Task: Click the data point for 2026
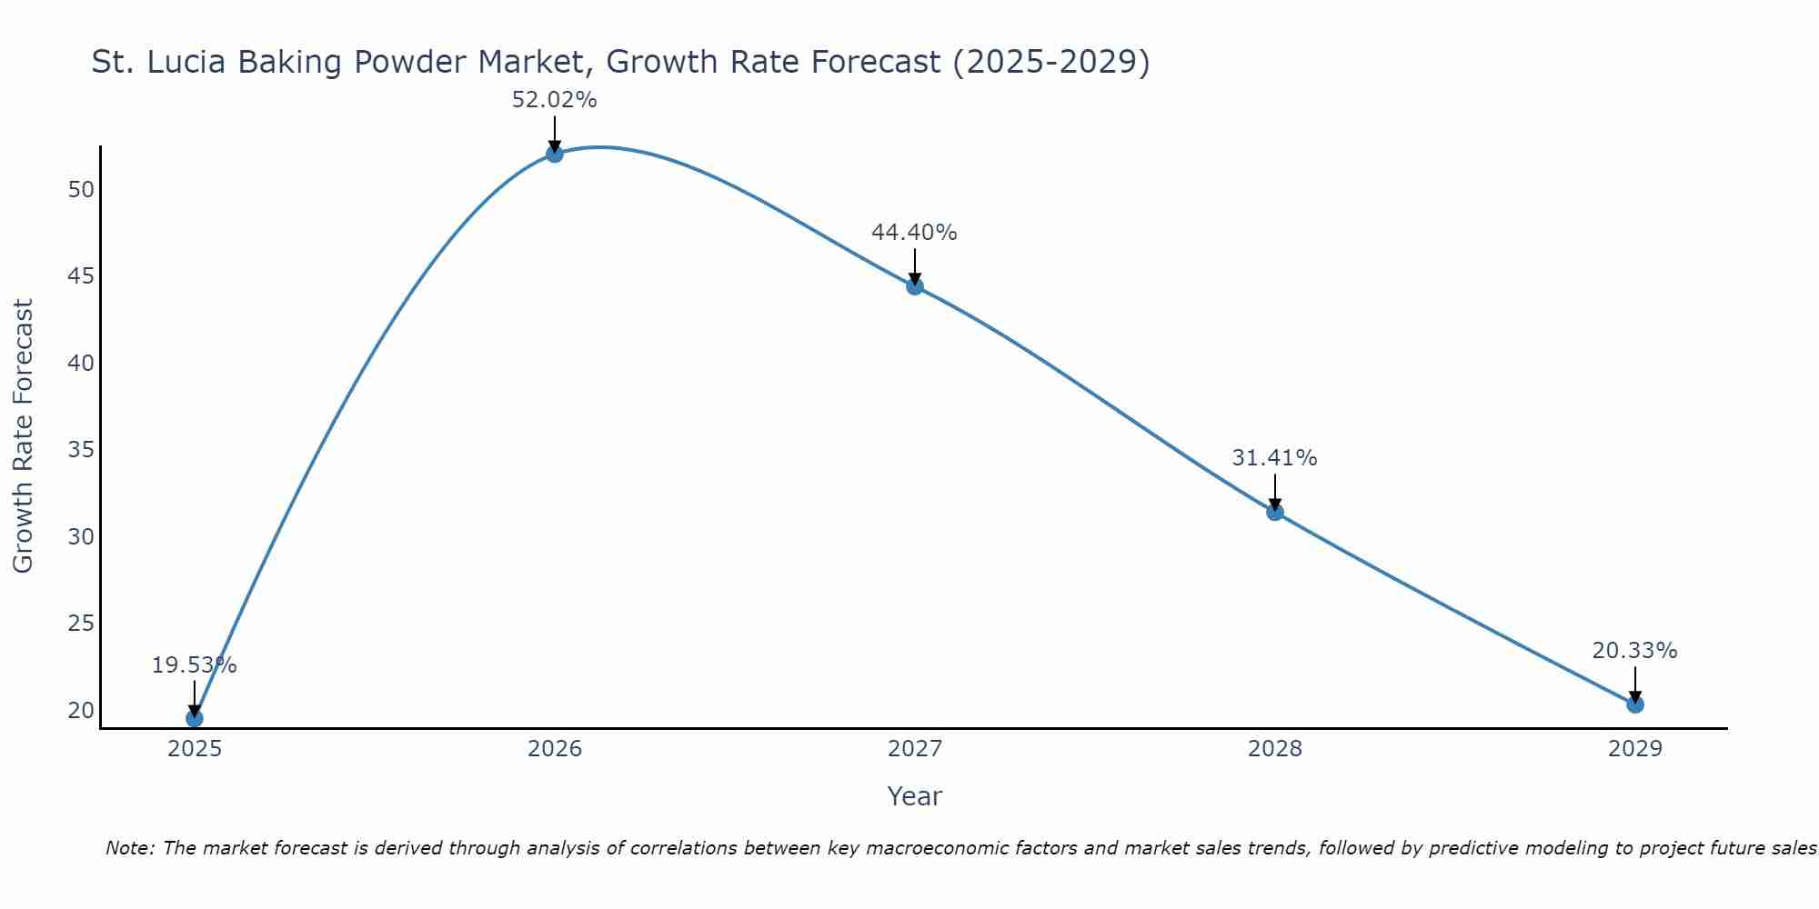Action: pos(555,154)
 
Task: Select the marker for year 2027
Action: pos(915,286)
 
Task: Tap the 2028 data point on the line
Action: pos(1275,512)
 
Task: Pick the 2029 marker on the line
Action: pos(1635,704)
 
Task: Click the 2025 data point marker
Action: pos(195,718)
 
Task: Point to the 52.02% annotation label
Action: pos(555,100)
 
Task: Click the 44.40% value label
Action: pos(914,233)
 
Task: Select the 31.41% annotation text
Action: pos(1274,458)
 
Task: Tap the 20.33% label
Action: pos(1634,651)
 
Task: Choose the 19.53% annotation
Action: pos(194,665)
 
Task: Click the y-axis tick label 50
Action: pos(81,190)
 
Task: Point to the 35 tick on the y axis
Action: pos(81,450)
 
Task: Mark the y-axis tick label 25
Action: pos(81,624)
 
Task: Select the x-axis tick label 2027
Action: pos(915,749)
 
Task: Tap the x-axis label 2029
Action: pos(1635,749)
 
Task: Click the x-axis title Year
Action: pos(914,796)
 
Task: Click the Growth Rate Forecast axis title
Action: pos(23,436)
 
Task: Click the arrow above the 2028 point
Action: pos(1275,492)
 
